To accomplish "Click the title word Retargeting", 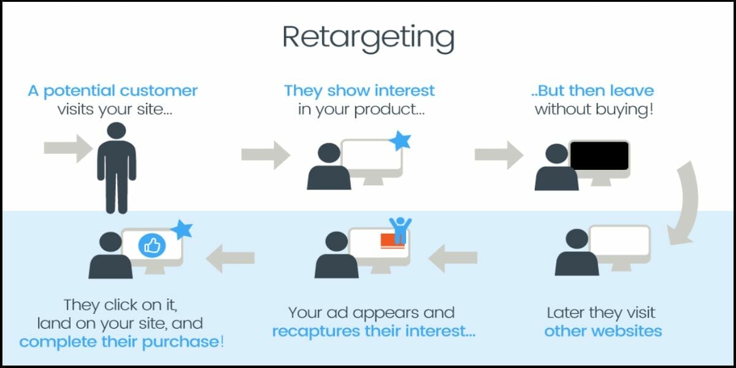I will tap(368, 38).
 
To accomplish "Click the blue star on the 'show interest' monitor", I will tap(401, 140).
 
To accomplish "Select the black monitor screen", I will tap(599, 155).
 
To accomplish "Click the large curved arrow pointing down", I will tap(684, 202).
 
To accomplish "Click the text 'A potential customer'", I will tap(113, 91).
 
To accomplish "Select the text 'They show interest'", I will tap(359, 91).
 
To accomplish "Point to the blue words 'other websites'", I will tap(603, 331).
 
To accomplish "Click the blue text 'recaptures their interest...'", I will tap(374, 332).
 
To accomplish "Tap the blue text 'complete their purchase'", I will tap(119, 342).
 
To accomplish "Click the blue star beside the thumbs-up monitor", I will tap(182, 230).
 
